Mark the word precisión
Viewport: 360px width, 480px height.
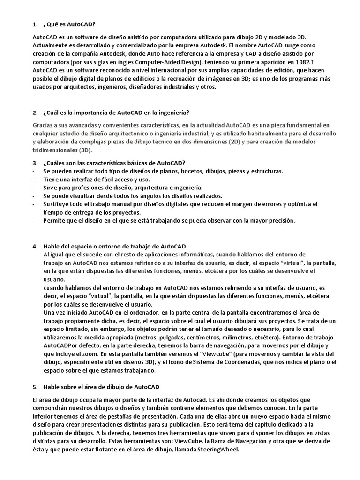pyautogui.click(x=278, y=221)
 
